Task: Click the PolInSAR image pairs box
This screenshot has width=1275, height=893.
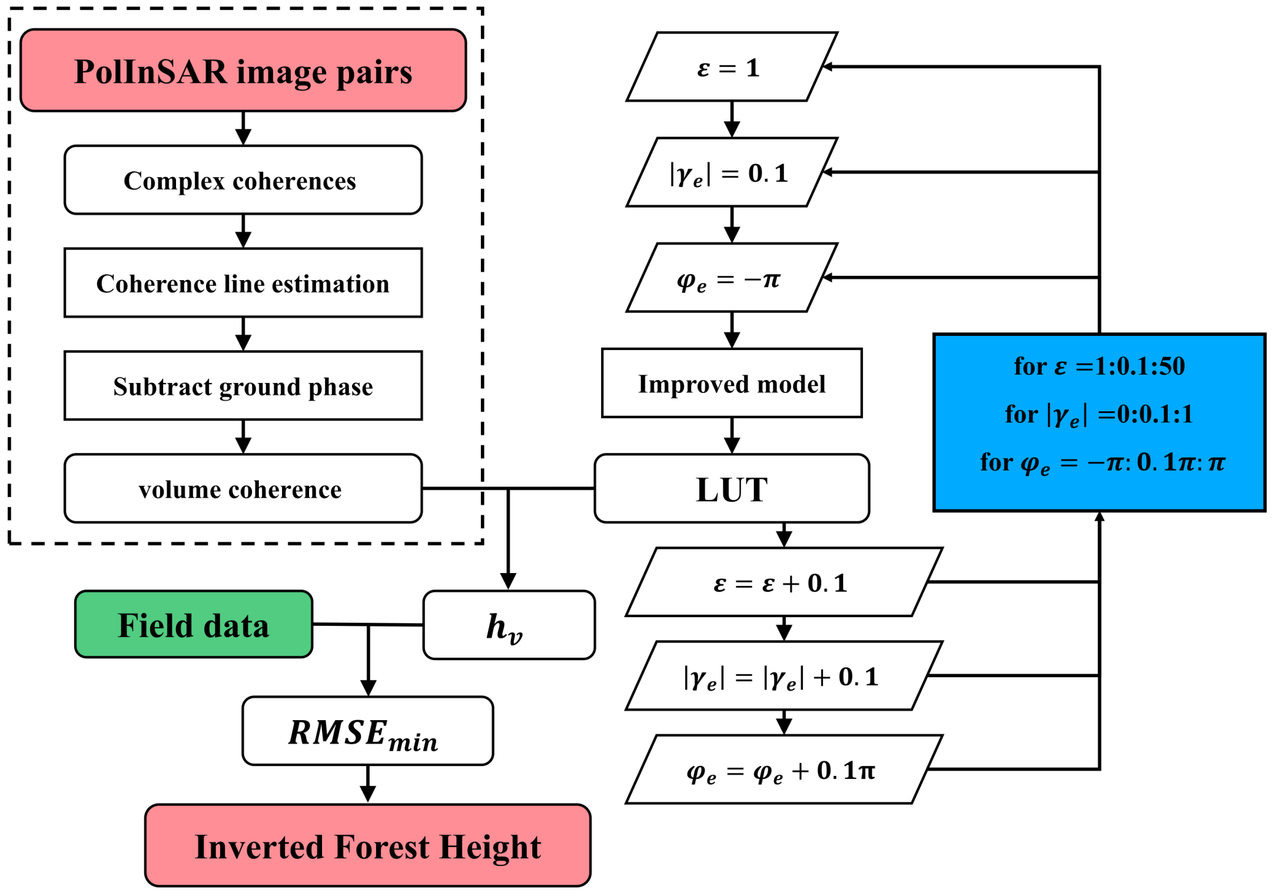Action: pos(243,70)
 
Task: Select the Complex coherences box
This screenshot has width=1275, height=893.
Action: pos(243,180)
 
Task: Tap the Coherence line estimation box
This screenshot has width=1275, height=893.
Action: pos(243,283)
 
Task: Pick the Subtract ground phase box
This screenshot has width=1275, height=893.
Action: pos(243,386)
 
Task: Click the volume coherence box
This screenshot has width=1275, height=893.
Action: pos(243,488)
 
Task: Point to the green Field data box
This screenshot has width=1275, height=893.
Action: pos(193,625)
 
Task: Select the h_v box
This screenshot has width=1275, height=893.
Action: pos(508,625)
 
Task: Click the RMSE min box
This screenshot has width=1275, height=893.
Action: pos(367,731)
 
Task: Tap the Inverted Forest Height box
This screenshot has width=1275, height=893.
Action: pos(367,845)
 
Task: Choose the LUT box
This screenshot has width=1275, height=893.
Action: pos(731,488)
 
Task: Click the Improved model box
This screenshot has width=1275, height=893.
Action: pos(731,384)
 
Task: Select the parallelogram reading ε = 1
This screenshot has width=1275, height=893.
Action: pos(731,67)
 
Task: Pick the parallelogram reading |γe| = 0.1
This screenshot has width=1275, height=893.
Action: pos(731,172)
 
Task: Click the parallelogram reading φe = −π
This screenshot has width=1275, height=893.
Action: pos(731,278)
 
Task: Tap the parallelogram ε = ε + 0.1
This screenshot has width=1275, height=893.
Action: pos(783,582)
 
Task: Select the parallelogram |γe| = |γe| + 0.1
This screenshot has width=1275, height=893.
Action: pos(783,676)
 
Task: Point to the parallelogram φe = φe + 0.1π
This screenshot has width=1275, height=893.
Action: pos(783,770)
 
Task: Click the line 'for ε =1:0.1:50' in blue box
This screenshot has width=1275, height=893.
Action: pos(1098,366)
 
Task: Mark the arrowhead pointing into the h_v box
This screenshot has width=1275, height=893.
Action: pos(508,581)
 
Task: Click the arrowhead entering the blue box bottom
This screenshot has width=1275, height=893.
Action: pos(1099,516)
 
